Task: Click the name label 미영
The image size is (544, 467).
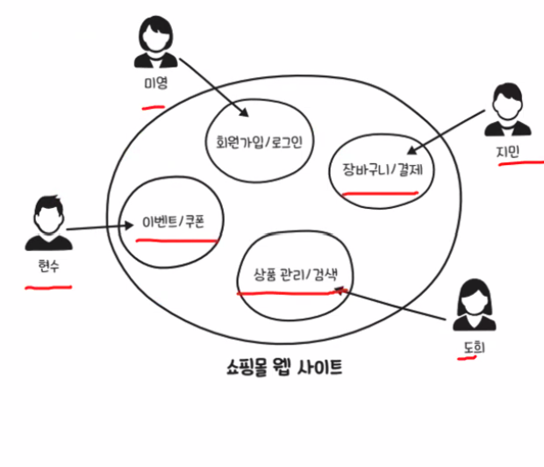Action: coord(155,85)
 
